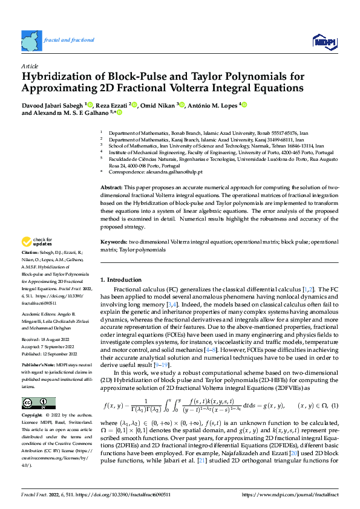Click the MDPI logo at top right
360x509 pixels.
(x=322, y=41)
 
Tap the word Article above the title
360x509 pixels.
(x=30, y=66)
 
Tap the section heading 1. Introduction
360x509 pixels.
(x=120, y=280)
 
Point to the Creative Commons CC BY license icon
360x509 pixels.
(x=38, y=403)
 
